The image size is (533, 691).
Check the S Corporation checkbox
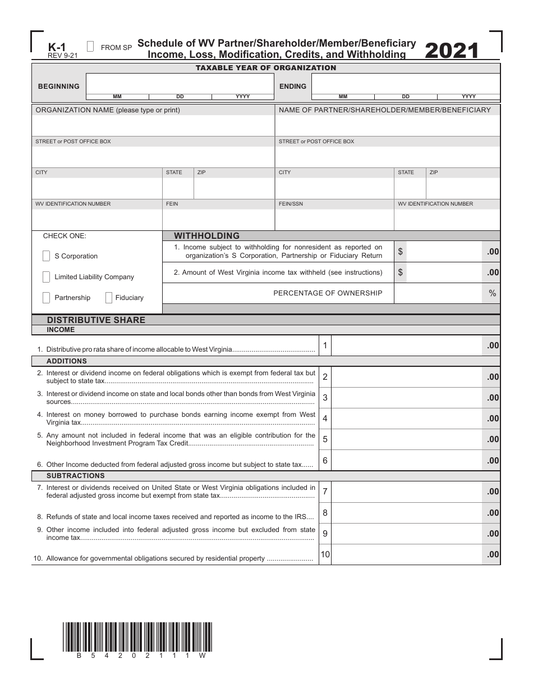(46, 256)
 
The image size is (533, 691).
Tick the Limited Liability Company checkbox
(46, 277)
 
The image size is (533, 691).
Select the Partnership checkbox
(46, 298)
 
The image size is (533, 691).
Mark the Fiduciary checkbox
(108, 298)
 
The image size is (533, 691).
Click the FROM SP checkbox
(91, 47)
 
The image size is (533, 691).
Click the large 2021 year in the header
(452, 51)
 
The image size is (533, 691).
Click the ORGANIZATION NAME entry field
(153, 126)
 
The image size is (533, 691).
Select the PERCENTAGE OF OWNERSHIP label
(328, 293)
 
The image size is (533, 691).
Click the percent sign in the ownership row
(493, 293)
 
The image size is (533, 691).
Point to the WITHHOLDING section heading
(206, 236)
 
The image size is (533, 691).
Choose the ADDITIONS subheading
(66, 361)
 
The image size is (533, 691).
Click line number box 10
(325, 554)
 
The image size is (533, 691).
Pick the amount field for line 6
(407, 461)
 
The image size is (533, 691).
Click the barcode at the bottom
(137, 637)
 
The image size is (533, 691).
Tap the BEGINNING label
(58, 87)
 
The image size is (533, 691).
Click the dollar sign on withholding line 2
(400, 272)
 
